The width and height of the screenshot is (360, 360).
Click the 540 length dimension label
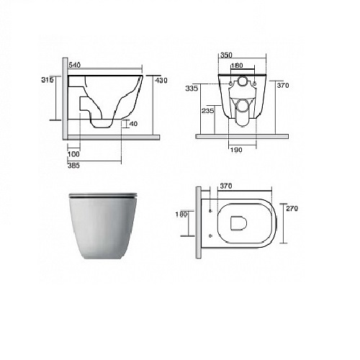pos(75,65)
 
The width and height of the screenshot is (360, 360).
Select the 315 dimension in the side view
pos(48,80)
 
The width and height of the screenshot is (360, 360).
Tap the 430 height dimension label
pos(161,81)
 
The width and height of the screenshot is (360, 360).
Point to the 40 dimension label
pos(133,124)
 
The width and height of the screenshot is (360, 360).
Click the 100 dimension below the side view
pos(73,154)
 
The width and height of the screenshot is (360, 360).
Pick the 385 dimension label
pos(73,166)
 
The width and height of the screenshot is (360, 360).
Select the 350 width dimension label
pos(226,55)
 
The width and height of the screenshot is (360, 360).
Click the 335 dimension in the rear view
pos(192,89)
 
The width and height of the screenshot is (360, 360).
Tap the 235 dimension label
pos(207,111)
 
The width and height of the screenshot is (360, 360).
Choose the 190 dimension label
pos(236,150)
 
